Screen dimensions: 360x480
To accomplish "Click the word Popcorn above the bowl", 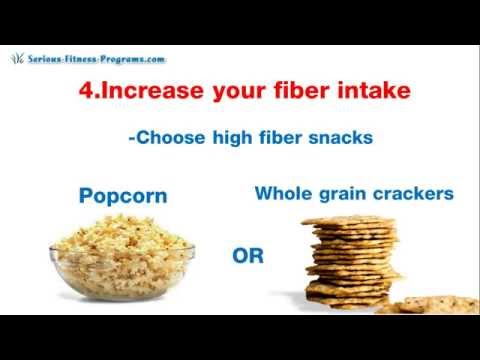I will coord(122,196).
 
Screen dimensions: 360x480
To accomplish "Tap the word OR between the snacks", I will coord(248,256).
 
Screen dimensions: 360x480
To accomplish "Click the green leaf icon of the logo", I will coord(17,58).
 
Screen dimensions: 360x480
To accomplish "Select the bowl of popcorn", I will coord(121,258).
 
